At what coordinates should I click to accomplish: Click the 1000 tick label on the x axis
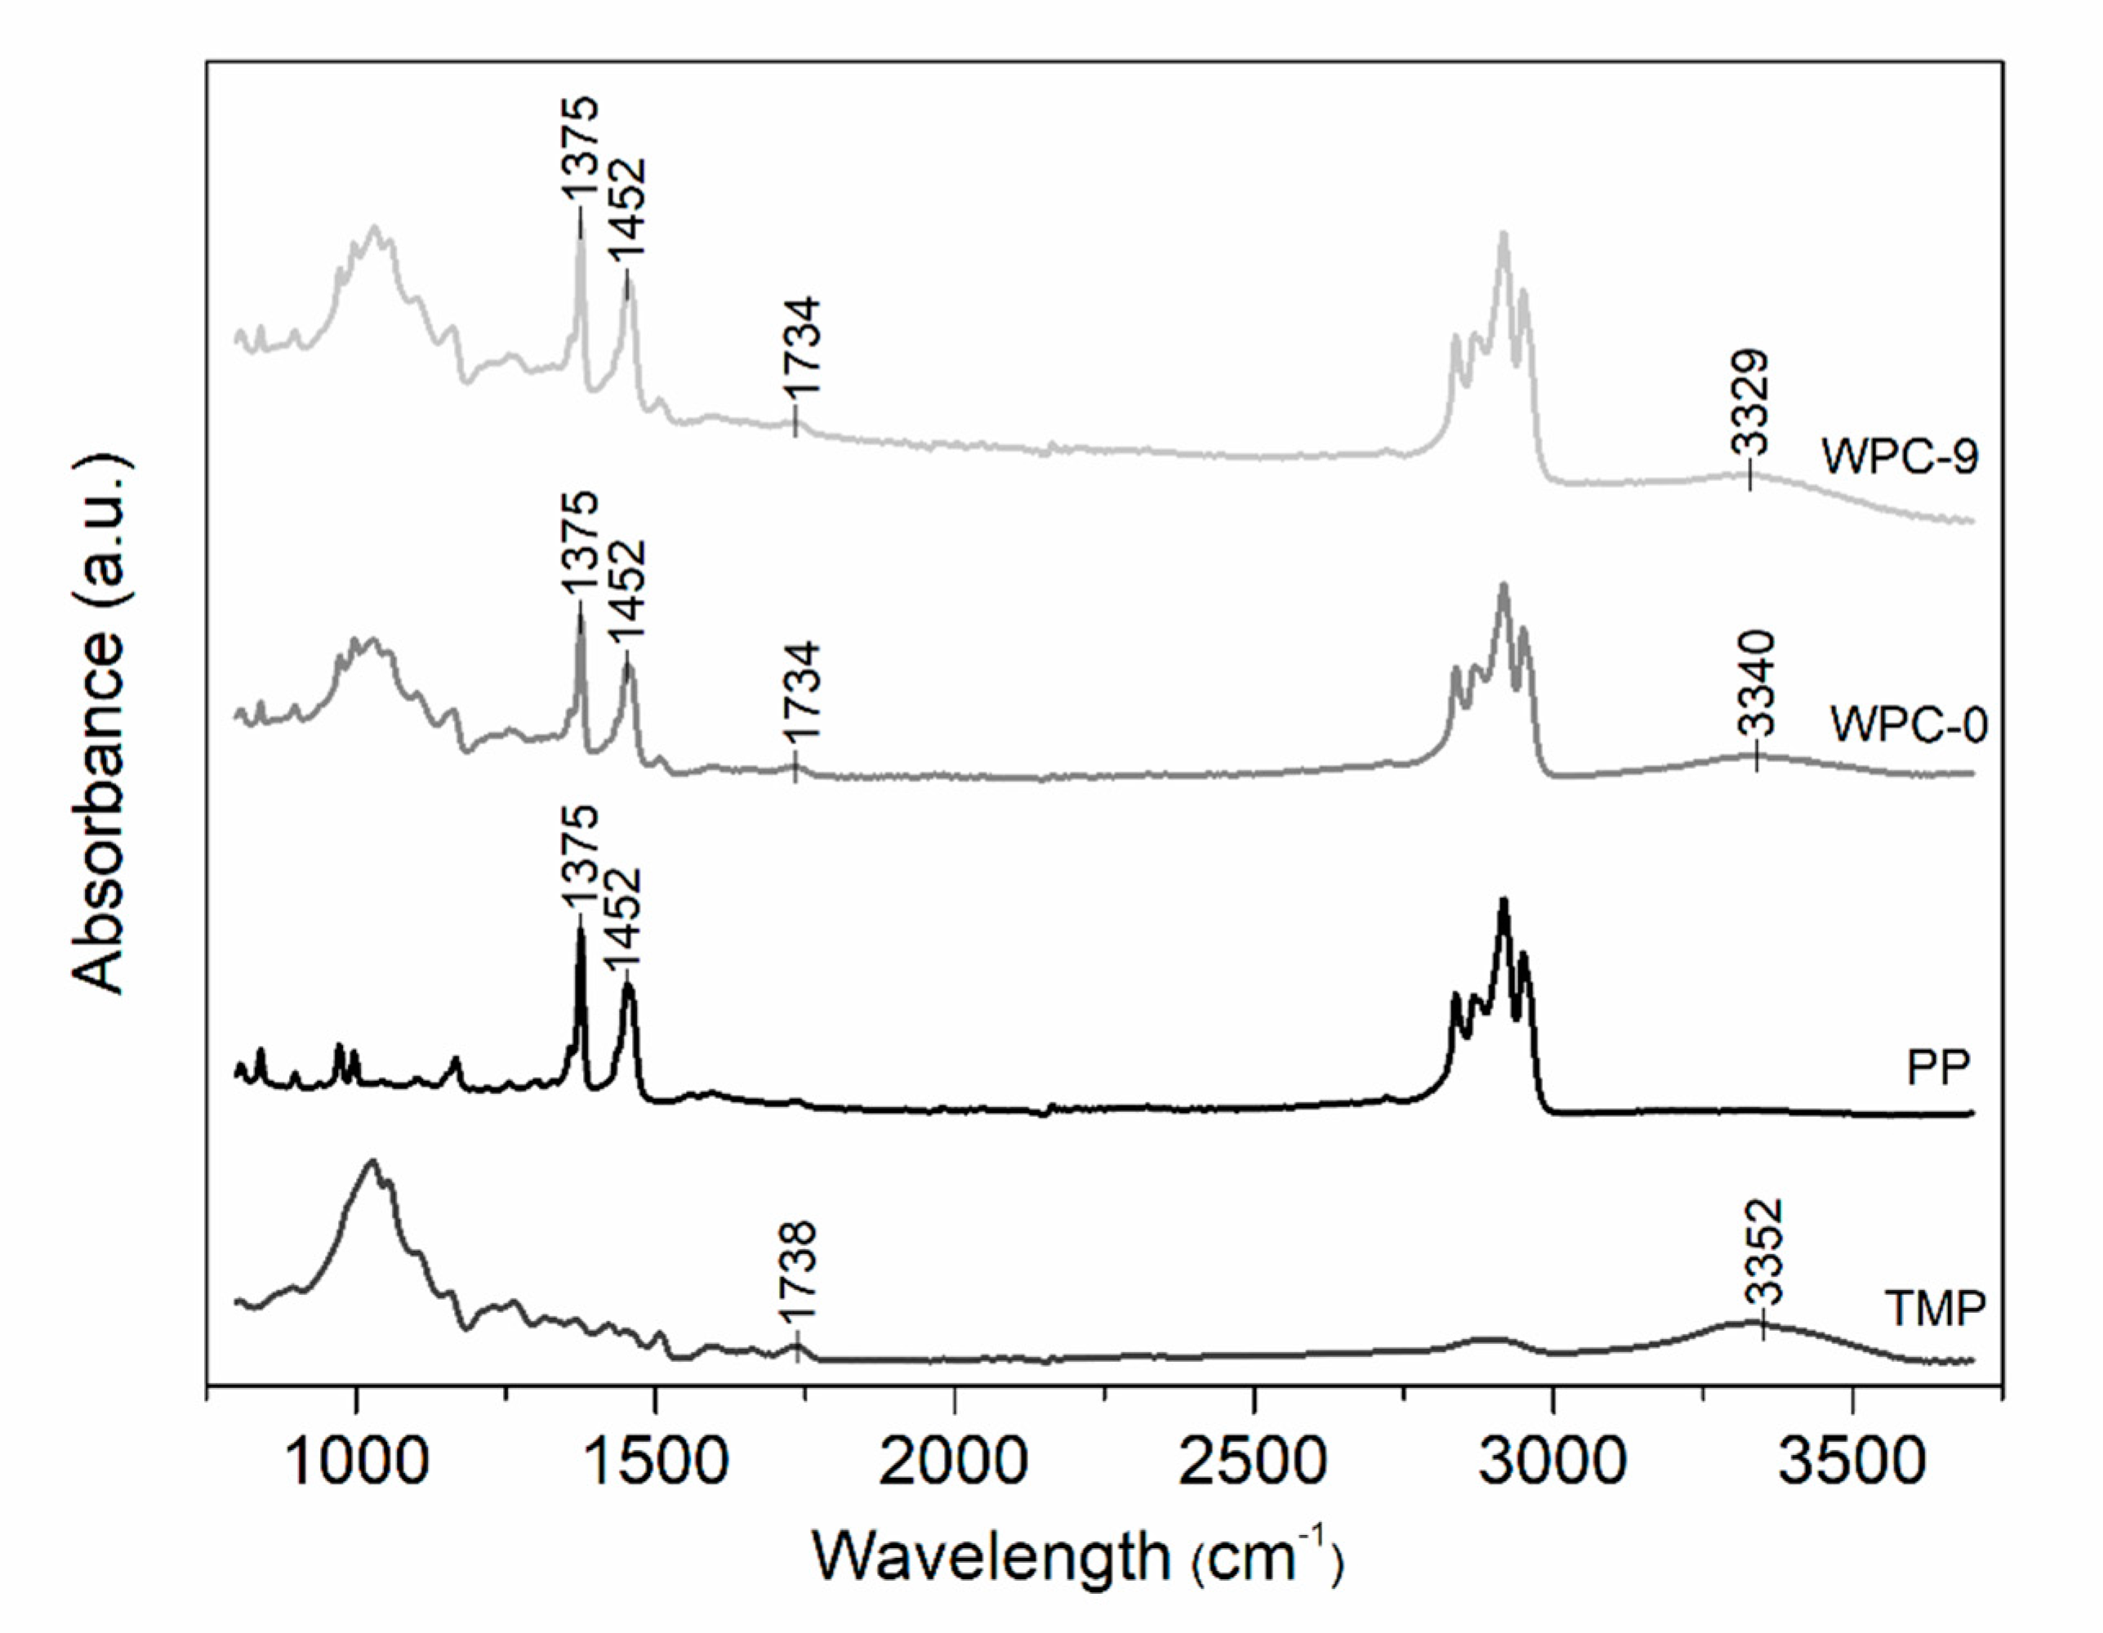tap(356, 1461)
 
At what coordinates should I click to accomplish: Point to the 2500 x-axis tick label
tap(1254, 1461)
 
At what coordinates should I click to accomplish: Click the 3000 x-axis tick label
tap(1553, 1461)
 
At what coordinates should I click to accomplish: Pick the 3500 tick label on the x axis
tap(1851, 1461)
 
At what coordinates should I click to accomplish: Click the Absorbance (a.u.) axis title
tap(100, 727)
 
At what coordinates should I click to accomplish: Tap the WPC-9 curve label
tap(1900, 456)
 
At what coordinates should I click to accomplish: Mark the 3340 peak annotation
tap(1758, 682)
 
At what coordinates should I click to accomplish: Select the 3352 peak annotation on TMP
tap(1764, 1252)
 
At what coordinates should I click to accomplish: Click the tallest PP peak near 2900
tap(1503, 902)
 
